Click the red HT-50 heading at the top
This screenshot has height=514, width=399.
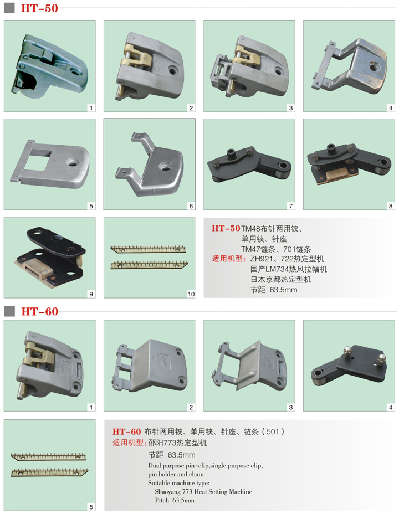[39, 8]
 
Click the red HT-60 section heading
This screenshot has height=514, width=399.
[40, 311]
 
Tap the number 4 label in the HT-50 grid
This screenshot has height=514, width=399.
[391, 108]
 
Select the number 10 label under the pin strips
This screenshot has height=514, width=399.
[191, 294]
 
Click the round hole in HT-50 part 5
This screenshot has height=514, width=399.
[71, 163]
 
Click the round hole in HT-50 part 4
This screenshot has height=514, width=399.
[373, 66]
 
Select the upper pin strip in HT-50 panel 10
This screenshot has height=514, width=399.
[148, 249]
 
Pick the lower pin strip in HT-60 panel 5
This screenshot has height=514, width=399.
[49, 472]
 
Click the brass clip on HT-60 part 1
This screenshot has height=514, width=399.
[37, 358]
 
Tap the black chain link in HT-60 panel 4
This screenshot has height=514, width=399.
[349, 365]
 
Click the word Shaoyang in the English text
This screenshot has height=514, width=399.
[167, 491]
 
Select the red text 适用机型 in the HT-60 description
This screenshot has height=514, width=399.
[129, 443]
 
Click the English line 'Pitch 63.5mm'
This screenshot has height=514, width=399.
[175, 500]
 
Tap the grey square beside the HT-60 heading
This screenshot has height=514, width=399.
[9, 311]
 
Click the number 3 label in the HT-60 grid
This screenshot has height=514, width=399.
[290, 407]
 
